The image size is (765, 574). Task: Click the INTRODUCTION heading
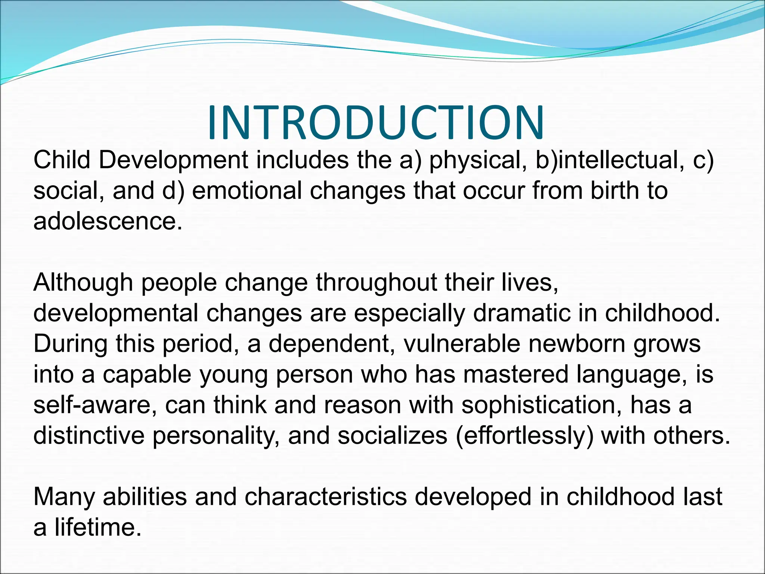(376, 123)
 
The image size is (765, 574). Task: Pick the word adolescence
(108, 221)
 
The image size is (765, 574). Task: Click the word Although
(83, 283)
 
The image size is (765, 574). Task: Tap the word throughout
(376, 283)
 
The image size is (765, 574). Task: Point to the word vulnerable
(462, 344)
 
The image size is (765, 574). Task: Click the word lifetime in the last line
(98, 528)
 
